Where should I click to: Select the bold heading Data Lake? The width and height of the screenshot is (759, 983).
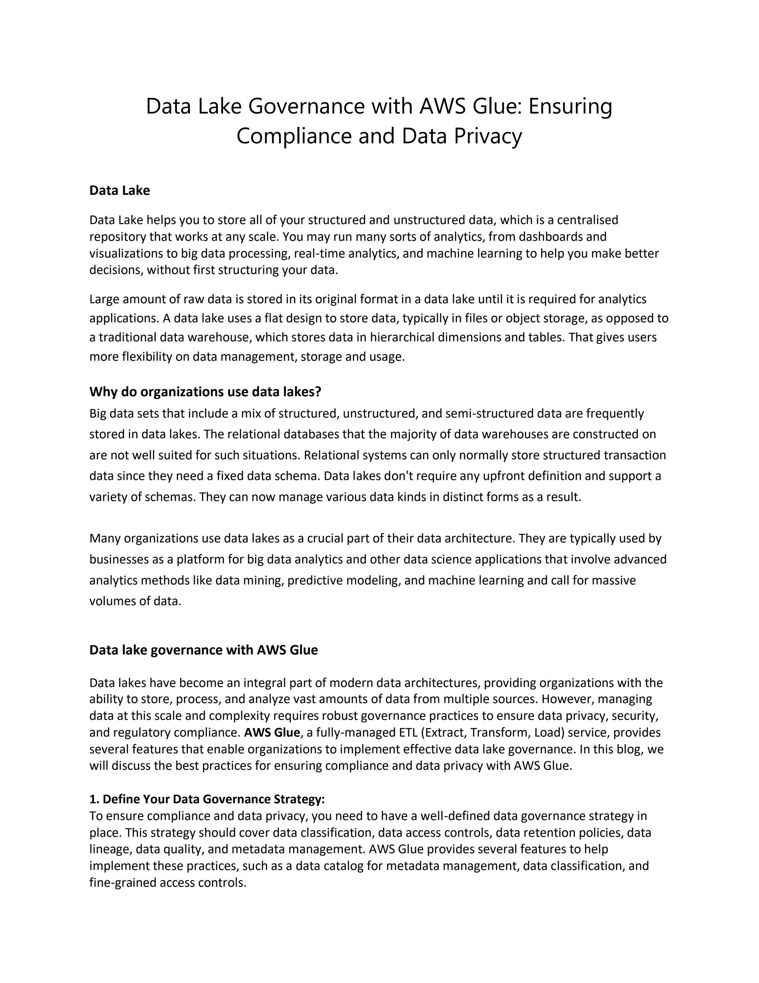click(119, 190)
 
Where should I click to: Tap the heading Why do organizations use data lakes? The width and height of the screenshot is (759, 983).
click(205, 392)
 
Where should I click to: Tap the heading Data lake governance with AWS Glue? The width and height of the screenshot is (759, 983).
click(203, 650)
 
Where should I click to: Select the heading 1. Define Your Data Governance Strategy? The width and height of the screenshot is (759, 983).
click(207, 799)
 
